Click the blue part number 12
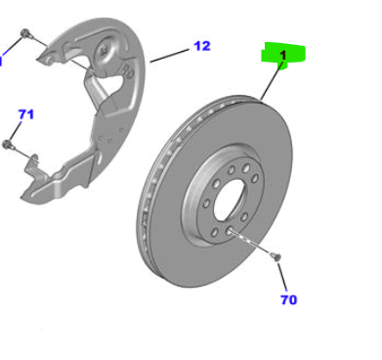(202, 46)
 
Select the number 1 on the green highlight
(283, 56)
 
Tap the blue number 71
(26, 114)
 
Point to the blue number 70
(289, 299)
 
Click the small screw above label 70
(276, 256)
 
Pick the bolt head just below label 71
(7, 144)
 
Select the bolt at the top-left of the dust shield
(25, 33)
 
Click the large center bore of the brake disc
(229, 200)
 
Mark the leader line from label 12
(169, 56)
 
